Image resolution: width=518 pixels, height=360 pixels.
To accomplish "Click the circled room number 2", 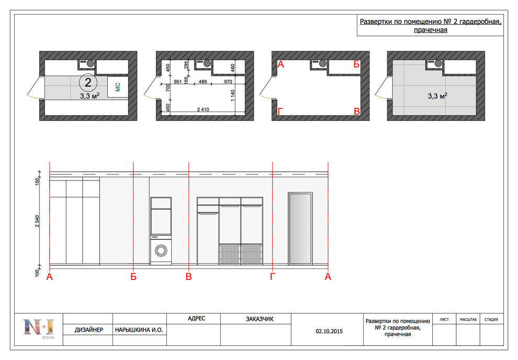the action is tap(88, 82).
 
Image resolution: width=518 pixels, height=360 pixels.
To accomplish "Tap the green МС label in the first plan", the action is tap(118, 87).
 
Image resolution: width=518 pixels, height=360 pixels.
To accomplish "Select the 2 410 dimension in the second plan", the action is tap(203, 109).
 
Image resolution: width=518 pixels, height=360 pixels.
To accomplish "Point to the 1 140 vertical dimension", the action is tap(232, 95).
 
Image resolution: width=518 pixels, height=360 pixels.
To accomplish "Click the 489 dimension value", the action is tap(202, 82).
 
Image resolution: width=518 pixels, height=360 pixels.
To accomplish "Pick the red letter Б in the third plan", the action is tap(356, 64).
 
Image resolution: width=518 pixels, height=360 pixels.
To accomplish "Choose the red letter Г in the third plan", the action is tap(280, 111).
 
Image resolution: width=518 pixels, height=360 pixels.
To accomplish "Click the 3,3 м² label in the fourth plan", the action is tap(437, 96).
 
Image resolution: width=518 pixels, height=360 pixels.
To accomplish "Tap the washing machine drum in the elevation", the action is tap(161, 251).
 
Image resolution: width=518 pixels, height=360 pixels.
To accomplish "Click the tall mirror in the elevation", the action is tap(300, 229).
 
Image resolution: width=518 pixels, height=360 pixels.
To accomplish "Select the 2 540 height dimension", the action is tap(37, 221).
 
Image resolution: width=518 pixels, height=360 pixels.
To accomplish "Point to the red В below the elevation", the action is tap(189, 276).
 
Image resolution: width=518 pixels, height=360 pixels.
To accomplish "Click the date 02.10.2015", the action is tap(329, 331).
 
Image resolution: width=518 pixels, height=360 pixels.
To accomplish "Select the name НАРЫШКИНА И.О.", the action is tap(139, 330).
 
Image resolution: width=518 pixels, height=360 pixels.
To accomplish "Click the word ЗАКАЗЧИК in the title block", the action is tap(260, 319).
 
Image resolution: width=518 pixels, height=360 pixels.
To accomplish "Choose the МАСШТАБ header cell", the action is tap(468, 319).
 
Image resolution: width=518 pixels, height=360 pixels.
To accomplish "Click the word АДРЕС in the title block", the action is tap(197, 318).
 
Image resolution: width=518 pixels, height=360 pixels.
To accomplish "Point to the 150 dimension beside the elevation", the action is tap(37, 181).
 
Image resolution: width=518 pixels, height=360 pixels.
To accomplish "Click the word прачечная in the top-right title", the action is tap(431, 30).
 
